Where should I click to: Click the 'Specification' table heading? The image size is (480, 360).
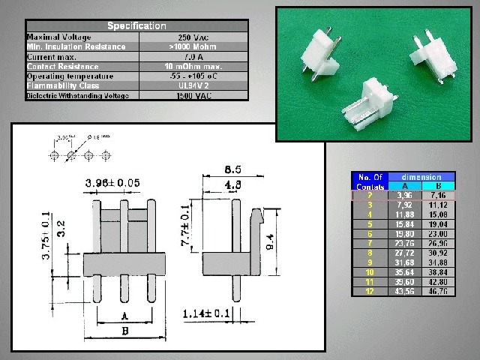pos(136,26)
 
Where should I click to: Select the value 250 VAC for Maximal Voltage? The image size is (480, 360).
pos(193,37)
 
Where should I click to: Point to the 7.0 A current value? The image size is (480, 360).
pos(193,56)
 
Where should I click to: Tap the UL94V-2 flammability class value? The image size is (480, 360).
pos(193,85)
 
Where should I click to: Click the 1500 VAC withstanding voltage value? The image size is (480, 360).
pos(193,96)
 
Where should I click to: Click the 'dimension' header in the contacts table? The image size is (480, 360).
pos(421,177)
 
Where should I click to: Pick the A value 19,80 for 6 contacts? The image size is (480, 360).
pos(404,233)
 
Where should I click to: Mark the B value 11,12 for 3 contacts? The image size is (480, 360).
pos(437,204)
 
